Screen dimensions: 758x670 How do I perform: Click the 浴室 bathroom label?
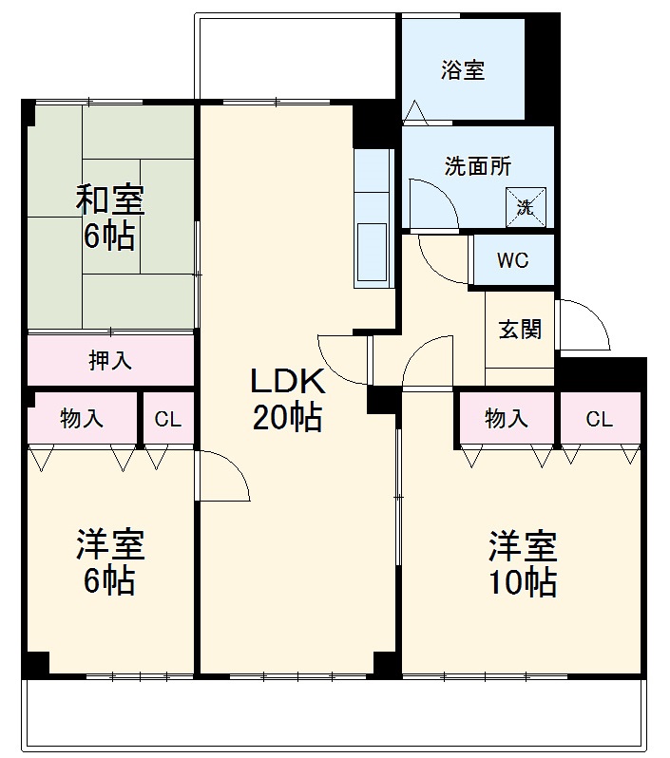tap(463, 70)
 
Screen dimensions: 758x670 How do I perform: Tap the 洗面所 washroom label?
tap(478, 165)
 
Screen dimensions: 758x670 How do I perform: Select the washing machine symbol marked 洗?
tap(526, 205)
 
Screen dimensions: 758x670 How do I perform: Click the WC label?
tap(512, 260)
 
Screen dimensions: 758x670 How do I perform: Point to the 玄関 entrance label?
tap(520, 330)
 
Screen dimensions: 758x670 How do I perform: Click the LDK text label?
tap(287, 383)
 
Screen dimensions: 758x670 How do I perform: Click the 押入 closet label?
tap(110, 360)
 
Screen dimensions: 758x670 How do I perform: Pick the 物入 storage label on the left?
tap(82, 419)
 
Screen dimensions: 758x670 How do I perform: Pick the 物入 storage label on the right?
tap(507, 419)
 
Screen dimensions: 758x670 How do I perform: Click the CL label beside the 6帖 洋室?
tap(168, 419)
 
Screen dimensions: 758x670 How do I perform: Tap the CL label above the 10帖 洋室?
tap(599, 419)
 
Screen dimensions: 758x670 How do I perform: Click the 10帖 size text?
tap(522, 581)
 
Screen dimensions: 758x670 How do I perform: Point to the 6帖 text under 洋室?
tap(109, 581)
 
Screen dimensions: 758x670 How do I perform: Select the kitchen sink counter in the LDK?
tap(372, 218)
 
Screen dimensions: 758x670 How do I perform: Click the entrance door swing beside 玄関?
tap(583, 325)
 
